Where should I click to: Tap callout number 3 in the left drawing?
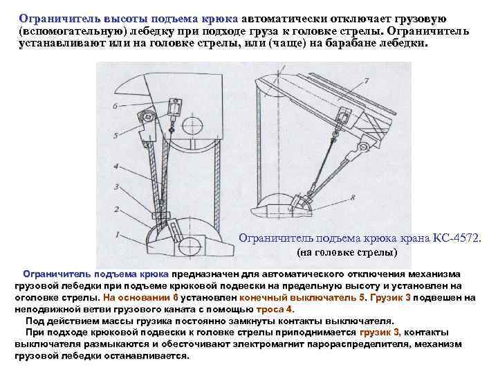click(x=117, y=187)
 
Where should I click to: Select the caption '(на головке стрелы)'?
click(x=347, y=253)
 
